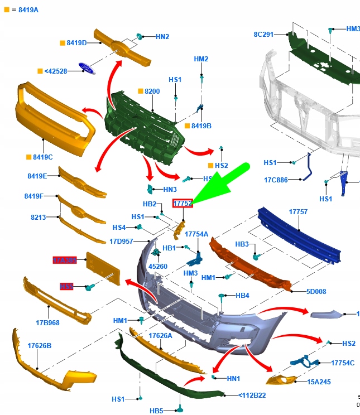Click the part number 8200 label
click(152, 91)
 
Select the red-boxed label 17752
click(183, 204)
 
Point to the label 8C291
click(263, 35)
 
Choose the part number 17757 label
click(298, 212)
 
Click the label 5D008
click(316, 291)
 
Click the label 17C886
click(276, 180)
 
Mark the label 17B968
click(48, 322)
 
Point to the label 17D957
click(121, 242)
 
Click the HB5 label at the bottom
click(156, 411)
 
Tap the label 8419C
click(43, 157)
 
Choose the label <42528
click(56, 71)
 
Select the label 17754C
click(343, 363)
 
